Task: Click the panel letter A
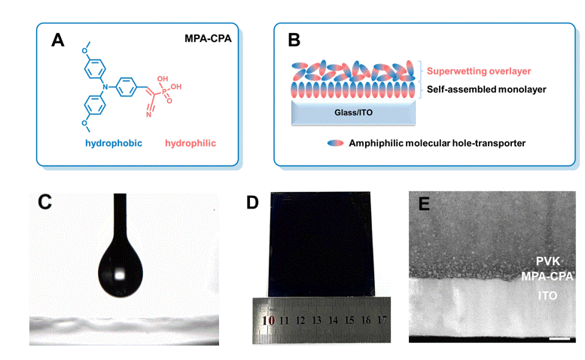click(57, 40)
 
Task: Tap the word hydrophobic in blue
click(113, 142)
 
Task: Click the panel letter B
click(294, 40)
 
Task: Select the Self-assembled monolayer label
click(481, 89)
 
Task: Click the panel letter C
click(44, 202)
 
